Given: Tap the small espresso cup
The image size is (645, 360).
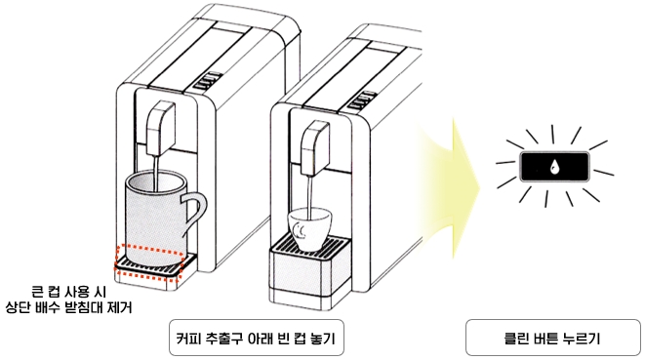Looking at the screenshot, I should (x=308, y=224).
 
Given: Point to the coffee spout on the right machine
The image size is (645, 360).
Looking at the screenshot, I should (x=313, y=147).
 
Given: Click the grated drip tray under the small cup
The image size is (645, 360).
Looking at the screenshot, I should (x=309, y=243).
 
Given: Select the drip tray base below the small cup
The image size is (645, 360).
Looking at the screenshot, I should (x=308, y=272).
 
